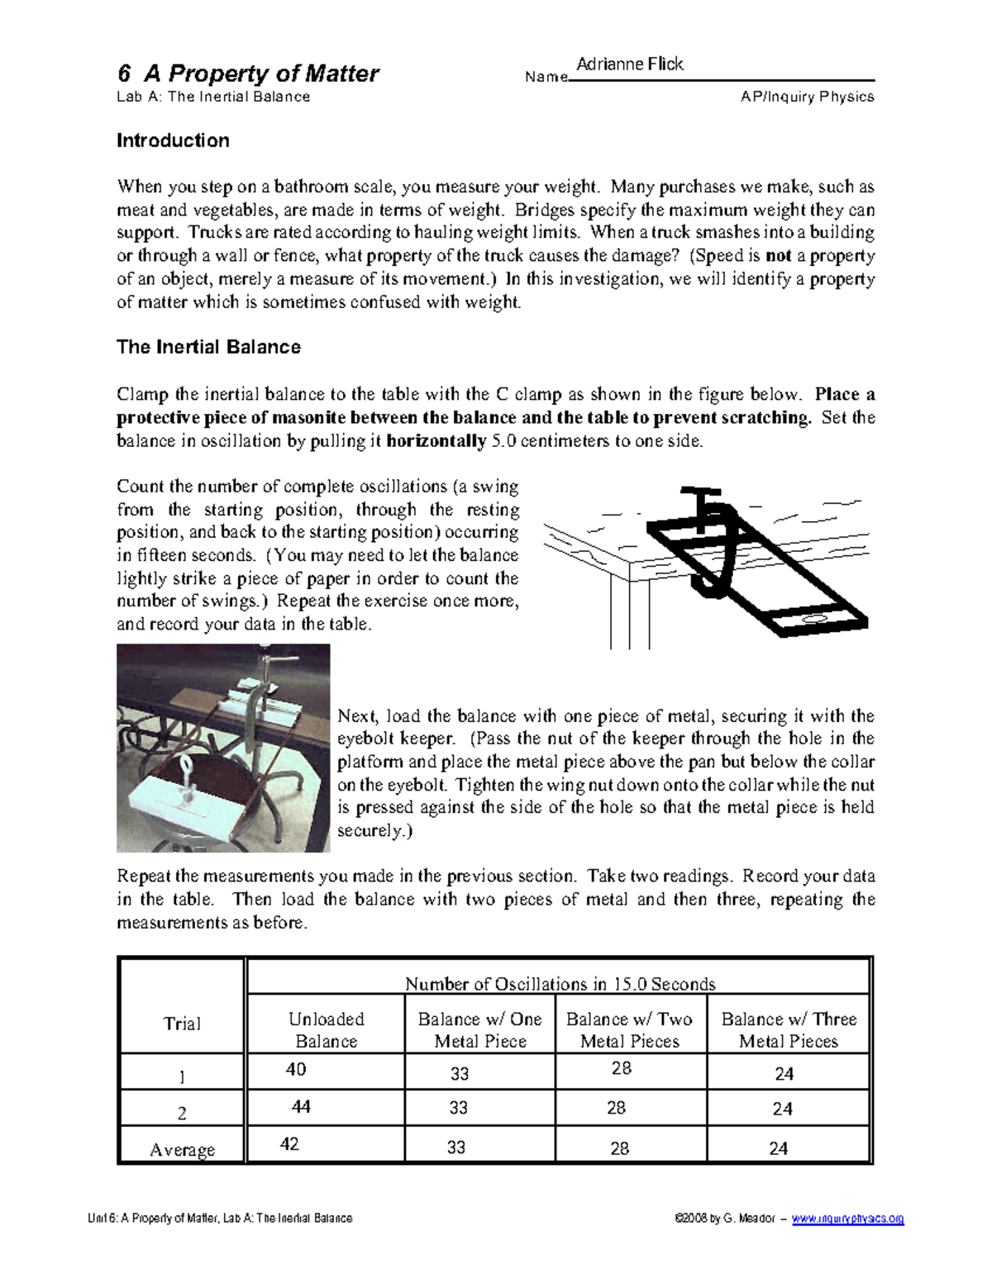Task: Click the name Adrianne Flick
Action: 629,64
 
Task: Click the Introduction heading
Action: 173,140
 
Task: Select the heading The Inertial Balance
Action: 208,347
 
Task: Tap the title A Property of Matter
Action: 248,74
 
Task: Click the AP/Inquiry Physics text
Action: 807,97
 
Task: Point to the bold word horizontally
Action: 436,440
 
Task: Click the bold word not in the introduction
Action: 778,255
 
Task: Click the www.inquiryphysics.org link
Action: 847,1219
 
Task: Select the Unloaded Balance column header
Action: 326,1030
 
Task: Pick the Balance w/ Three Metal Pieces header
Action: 789,1030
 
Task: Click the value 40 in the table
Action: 296,1069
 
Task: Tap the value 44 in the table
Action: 301,1106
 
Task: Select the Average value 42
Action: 289,1143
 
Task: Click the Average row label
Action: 182,1149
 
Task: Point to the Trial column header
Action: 182,1024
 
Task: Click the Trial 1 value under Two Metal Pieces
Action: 622,1068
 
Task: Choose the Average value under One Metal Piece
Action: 456,1147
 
